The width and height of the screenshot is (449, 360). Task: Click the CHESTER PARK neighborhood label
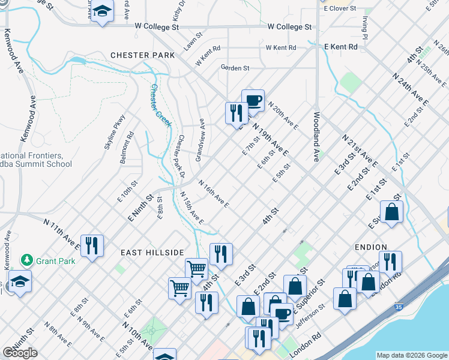(x=142, y=55)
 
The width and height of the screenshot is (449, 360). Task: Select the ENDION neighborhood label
(x=371, y=247)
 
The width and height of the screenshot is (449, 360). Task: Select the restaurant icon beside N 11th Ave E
(x=92, y=245)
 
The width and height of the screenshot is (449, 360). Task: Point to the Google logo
(x=20, y=353)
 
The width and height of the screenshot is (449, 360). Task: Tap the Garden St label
(x=235, y=68)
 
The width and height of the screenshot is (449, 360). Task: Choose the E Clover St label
(x=340, y=9)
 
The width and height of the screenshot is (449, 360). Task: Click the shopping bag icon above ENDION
(x=391, y=212)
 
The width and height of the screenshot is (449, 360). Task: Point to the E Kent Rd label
(x=340, y=46)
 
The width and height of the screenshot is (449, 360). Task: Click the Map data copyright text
(x=411, y=355)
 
